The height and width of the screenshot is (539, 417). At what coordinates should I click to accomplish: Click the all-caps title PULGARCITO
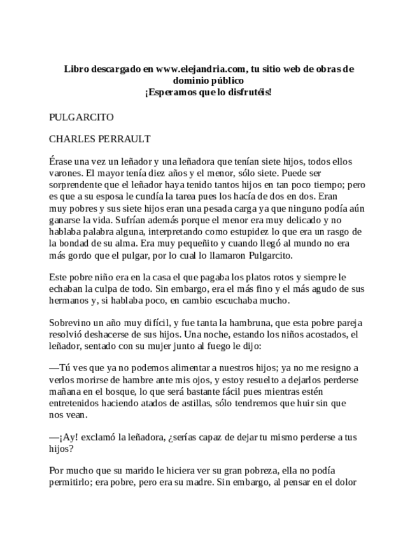point(81,118)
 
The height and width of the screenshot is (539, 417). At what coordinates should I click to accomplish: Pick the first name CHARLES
point(71,138)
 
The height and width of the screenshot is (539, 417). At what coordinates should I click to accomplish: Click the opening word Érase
point(62,162)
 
